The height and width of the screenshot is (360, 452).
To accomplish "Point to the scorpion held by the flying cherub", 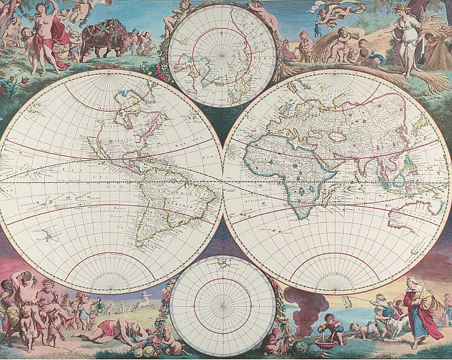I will click(x=321, y=7).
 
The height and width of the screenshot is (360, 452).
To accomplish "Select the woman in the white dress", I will click(x=406, y=41).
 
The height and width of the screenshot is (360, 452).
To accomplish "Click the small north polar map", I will click(x=222, y=55).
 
